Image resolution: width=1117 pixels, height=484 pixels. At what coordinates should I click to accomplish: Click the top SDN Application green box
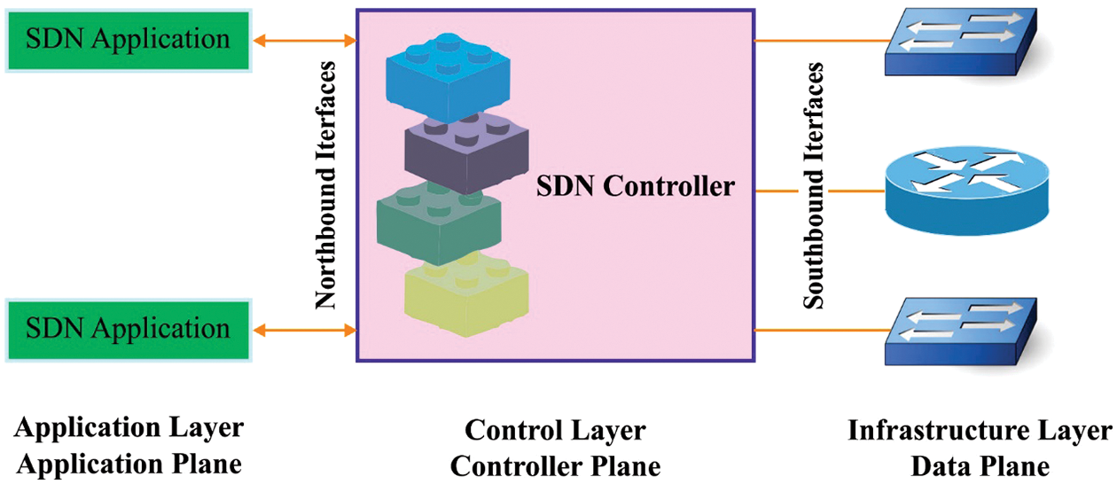[x=129, y=40]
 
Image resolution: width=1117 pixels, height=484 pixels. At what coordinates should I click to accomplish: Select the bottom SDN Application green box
[x=129, y=330]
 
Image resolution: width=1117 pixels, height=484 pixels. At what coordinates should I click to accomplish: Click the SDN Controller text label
[x=636, y=187]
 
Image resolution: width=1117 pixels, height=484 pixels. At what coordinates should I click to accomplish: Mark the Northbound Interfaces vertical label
[x=326, y=185]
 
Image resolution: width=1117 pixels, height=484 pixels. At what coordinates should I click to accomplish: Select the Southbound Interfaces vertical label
[x=813, y=185]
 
